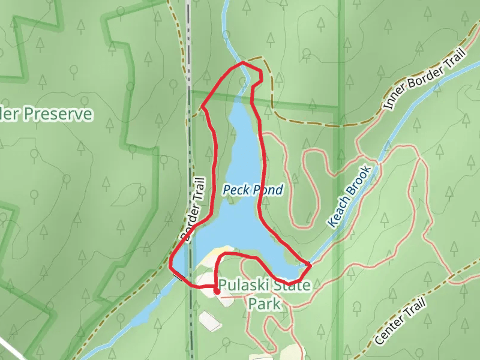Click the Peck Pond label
point(253,190)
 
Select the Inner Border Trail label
point(424,80)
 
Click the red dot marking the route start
point(217,291)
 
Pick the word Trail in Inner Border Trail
point(454,62)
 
